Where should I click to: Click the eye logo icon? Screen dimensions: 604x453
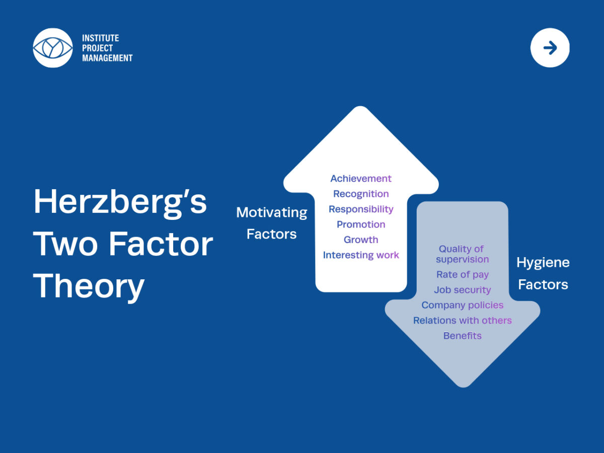pos(53,48)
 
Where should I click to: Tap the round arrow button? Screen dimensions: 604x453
pos(550,48)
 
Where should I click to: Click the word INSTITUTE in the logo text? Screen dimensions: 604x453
pos(101,38)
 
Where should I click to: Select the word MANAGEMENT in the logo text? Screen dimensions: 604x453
pos(107,58)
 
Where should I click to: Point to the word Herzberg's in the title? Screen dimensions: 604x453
pos(120,203)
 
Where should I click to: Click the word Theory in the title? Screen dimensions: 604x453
pos(89,287)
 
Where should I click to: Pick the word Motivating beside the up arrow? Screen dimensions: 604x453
pos(272,212)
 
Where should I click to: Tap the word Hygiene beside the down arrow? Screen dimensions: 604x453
pos(543,263)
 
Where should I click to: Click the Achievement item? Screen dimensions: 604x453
pos(361,179)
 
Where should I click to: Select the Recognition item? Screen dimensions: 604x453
pos(361,194)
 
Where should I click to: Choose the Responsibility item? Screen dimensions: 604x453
pos(361,209)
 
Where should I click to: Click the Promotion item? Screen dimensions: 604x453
pos(361,224)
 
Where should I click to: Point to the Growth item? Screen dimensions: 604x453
pos(361,240)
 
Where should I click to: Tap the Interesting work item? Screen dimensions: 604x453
pos(361,255)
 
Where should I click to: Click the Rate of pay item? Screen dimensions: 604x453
pos(463,275)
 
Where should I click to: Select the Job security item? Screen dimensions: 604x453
pos(463,290)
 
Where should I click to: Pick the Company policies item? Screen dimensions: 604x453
pos(463,306)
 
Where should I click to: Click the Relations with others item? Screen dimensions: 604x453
pos(463,321)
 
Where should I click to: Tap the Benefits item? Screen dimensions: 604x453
pos(463,336)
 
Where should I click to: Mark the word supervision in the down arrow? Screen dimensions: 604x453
pos(463,260)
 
